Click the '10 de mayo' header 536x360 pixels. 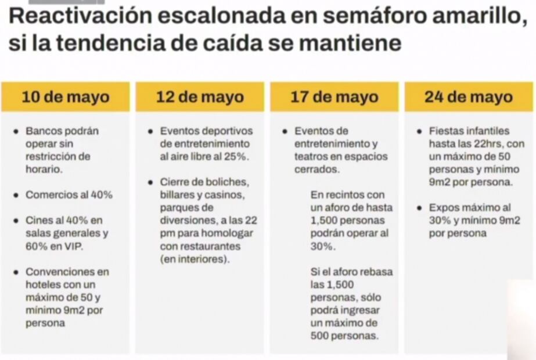point(65,97)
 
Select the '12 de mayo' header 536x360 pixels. point(200,97)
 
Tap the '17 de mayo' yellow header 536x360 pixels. point(334,97)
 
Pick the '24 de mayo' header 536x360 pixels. point(469,97)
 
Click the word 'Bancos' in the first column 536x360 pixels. point(43,131)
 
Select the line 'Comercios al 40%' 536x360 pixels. point(69,195)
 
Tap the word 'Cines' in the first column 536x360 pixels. point(39,221)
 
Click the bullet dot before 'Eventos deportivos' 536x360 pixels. point(150,131)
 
